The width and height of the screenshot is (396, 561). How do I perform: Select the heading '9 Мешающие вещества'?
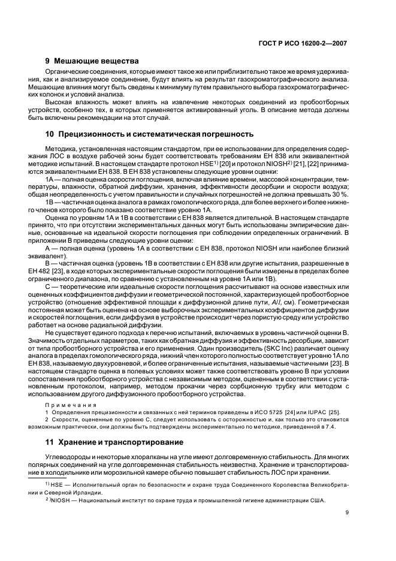pos(91,61)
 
